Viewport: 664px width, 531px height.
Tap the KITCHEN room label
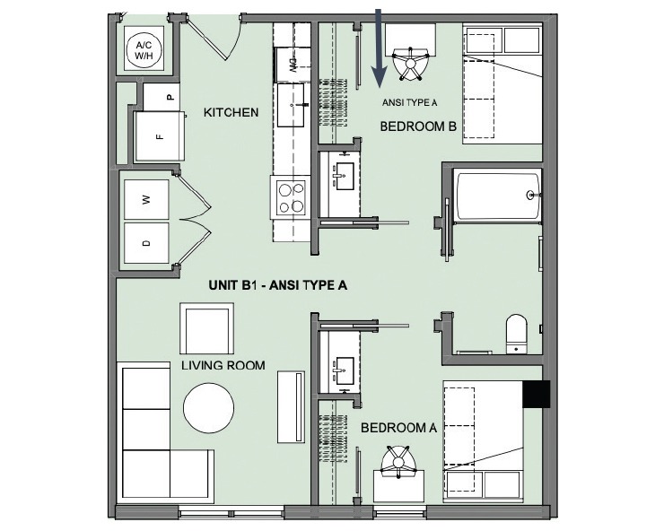[x=231, y=113]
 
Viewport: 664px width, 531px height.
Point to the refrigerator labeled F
[x=159, y=136]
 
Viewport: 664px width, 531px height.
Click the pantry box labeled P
[x=170, y=95]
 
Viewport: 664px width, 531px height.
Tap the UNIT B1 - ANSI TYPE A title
[x=277, y=284]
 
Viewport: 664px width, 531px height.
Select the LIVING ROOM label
[x=223, y=365]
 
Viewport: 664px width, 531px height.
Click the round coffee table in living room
[x=209, y=408]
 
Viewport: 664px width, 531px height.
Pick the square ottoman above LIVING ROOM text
[x=207, y=329]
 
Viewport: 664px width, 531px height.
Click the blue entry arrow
[x=380, y=45]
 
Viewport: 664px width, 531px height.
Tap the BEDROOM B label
[x=418, y=126]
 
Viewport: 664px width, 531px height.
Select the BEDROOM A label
[x=398, y=428]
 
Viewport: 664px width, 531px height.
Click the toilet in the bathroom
[x=517, y=333]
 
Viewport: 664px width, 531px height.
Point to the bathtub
[x=498, y=196]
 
